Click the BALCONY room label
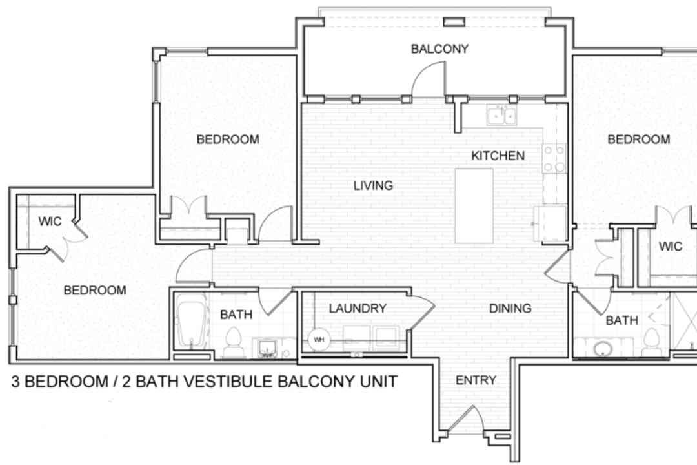coord(439,48)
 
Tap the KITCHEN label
coord(498,156)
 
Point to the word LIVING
coord(374,185)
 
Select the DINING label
coord(510,308)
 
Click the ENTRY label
coord(476,380)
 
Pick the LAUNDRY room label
coord(358,308)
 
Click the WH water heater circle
coord(319,340)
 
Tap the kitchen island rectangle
coord(474,205)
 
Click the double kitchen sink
coord(501,115)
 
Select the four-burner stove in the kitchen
coord(554,158)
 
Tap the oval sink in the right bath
coord(603,349)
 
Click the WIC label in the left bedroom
coord(50,221)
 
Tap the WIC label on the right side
coord(671,246)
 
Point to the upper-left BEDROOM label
coord(228,139)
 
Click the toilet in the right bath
coord(652,343)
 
